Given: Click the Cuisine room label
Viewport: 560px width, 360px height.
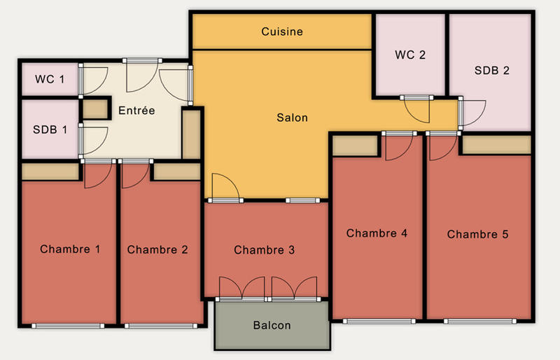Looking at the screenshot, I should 281,32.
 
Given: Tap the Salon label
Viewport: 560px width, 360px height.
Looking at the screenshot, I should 292,118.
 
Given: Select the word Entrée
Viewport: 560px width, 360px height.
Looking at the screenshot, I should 136,111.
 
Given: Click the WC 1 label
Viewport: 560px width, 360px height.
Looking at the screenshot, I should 50,79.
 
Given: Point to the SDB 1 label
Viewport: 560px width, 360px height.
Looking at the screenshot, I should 50,130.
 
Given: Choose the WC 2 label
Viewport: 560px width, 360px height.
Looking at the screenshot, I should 410,55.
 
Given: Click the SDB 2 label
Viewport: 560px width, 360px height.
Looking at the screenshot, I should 491,70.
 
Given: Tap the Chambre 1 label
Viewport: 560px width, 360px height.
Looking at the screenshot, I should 69,249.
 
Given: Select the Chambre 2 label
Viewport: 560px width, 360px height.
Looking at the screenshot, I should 157,249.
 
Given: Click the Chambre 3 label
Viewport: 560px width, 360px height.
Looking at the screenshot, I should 265,249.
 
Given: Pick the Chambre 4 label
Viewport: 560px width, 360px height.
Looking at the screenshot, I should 377,233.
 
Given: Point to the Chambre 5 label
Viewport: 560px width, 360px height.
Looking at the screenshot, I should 477,234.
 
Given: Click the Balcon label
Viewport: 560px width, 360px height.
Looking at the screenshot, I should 272,325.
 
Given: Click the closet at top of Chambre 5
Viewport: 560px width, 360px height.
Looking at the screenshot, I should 495,144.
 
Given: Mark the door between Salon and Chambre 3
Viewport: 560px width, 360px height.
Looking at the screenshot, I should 224,188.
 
